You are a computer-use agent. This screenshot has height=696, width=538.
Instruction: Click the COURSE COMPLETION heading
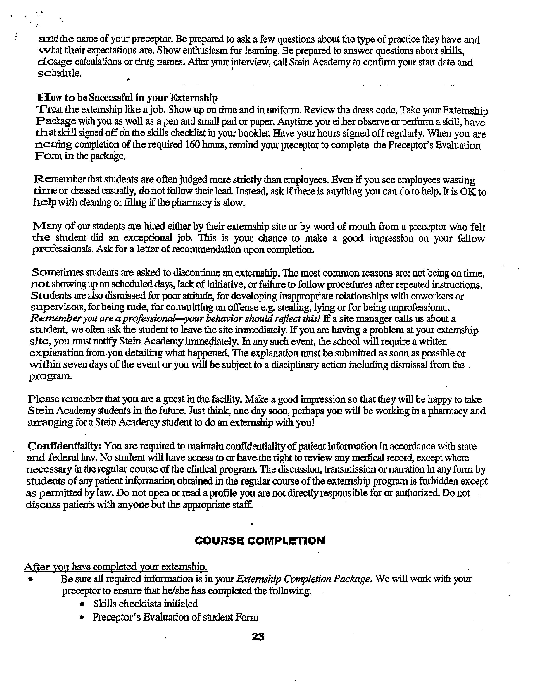pyautogui.click(x=260, y=541)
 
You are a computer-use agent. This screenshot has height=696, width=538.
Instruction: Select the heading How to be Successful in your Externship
pyautogui.click(x=127, y=97)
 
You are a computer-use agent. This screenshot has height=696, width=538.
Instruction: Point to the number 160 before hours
pyautogui.click(x=192, y=145)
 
